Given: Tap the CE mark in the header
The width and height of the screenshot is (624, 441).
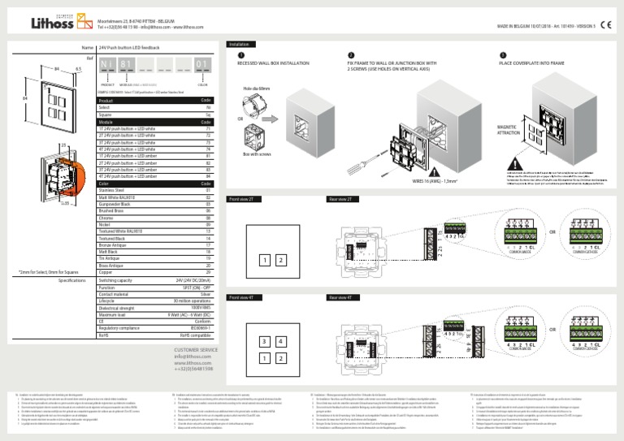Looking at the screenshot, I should tap(608, 25).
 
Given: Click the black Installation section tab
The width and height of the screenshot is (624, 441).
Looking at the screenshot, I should tap(240, 44).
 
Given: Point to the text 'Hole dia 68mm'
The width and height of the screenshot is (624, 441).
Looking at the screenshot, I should tap(259, 89).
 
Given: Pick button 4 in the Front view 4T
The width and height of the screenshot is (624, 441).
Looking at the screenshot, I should tap(279, 341).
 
